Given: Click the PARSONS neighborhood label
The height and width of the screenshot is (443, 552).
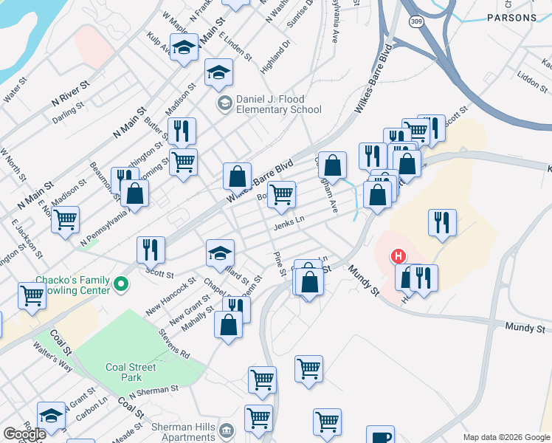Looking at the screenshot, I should [x=511, y=18].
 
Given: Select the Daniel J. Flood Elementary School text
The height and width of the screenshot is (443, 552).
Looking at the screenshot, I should [x=278, y=105].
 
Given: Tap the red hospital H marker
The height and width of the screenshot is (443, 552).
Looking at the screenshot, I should [x=399, y=257].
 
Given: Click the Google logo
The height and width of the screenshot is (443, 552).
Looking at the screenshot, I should [x=24, y=434].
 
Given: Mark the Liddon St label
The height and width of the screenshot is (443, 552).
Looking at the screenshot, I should [x=531, y=78].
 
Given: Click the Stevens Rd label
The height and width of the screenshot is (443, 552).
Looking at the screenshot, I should [x=174, y=344].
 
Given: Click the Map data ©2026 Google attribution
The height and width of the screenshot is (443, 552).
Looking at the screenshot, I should [x=506, y=437].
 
